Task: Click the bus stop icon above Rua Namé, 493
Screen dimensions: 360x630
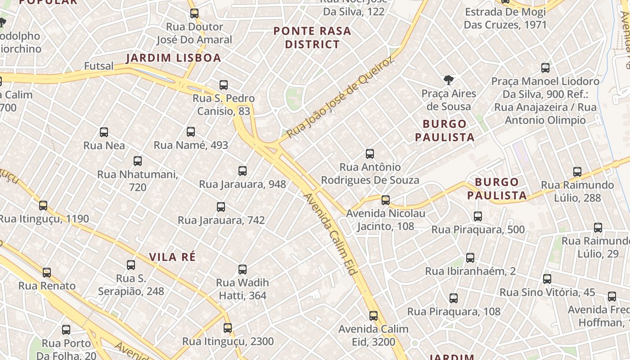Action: [x=191, y=132]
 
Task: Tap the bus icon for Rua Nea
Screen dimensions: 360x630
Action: [x=104, y=132]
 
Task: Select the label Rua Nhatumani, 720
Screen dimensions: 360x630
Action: [x=138, y=180]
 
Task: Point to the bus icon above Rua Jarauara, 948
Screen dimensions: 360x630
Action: [x=243, y=171]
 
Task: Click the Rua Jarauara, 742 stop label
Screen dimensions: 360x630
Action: [x=221, y=220]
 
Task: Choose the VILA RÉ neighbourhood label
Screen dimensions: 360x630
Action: [x=172, y=257]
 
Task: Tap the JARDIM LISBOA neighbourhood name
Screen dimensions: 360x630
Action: [x=173, y=58]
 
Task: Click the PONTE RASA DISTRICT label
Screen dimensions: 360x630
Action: [x=312, y=37]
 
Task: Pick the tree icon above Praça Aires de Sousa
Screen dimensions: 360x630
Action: [x=448, y=80]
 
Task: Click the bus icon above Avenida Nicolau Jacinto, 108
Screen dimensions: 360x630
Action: [x=386, y=200]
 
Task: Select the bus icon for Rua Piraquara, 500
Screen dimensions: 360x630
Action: [x=478, y=216]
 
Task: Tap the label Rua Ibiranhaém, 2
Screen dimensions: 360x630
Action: [x=470, y=271]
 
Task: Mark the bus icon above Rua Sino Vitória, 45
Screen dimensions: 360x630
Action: [x=547, y=279]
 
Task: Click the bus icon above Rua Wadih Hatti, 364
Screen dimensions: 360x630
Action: [x=243, y=270]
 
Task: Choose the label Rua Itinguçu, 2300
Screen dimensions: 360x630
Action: [x=228, y=342]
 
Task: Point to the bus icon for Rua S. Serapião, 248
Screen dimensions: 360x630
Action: [x=131, y=265]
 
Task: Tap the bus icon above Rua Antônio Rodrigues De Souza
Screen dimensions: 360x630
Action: [x=370, y=154]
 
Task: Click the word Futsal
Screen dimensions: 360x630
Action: [x=99, y=66]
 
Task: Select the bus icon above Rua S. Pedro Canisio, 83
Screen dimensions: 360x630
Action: [x=224, y=85]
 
